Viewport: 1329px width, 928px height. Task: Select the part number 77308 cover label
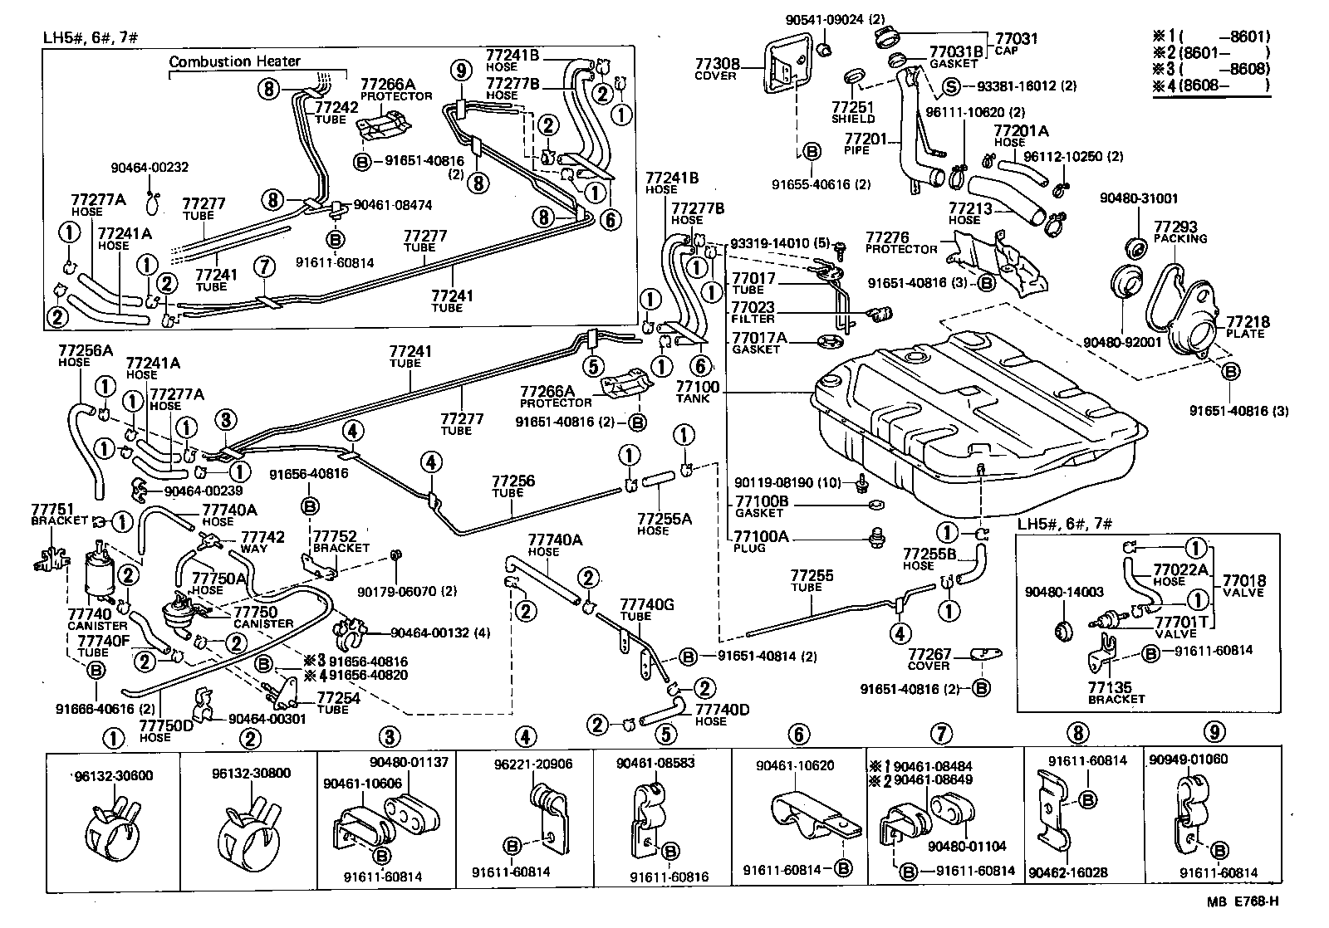coord(715,68)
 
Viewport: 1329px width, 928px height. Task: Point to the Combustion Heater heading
coord(235,61)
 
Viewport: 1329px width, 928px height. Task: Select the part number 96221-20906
coord(544,764)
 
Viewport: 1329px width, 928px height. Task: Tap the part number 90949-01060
coord(1189,759)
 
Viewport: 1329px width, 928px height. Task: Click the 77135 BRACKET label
coord(1110,692)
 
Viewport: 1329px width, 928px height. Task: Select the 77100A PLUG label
coord(761,541)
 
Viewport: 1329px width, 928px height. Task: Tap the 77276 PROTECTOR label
coord(900,242)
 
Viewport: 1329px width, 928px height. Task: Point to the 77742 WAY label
coord(263,542)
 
